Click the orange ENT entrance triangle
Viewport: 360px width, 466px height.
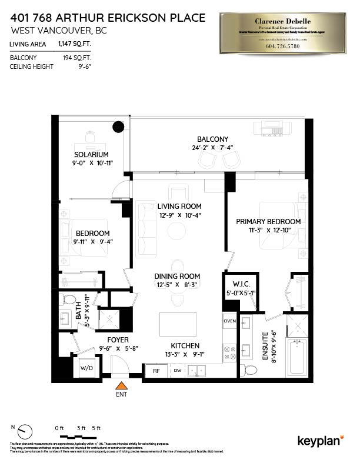pos(121,385)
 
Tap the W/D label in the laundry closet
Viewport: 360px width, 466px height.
pos(86,369)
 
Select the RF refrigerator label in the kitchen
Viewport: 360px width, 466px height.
pos(156,371)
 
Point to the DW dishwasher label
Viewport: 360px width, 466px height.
pos(178,371)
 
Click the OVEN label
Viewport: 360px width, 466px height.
pos(229,321)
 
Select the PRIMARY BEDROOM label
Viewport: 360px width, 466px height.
pos(268,221)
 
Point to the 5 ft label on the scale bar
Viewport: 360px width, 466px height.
pos(96,428)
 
